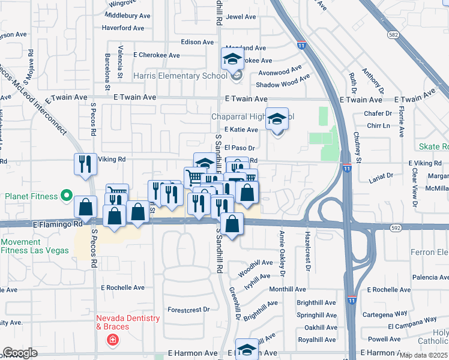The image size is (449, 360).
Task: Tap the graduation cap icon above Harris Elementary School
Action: [x=233, y=59]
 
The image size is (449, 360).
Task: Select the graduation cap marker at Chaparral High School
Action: [x=277, y=119]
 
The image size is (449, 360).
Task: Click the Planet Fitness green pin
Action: [x=67, y=196]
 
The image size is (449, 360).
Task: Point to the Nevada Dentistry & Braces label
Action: [x=128, y=322]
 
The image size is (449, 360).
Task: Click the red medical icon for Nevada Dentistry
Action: [x=112, y=340]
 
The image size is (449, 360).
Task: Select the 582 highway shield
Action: [x=393, y=35]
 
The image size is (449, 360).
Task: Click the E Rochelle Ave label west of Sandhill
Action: [x=123, y=287]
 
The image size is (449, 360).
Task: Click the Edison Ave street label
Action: [x=198, y=43]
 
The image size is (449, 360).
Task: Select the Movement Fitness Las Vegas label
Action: [x=35, y=247]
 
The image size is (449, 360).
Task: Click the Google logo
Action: [x=20, y=353]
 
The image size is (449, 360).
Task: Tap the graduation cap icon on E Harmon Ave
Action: [x=247, y=350]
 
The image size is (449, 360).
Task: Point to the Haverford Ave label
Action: [x=123, y=28]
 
